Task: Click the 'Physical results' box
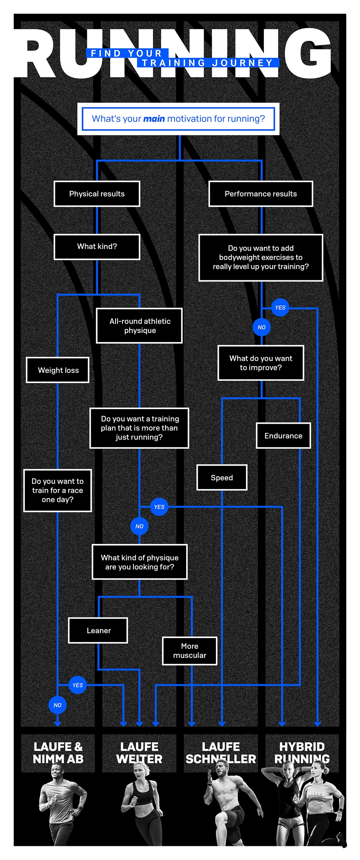click(97, 194)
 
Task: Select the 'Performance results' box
click(260, 194)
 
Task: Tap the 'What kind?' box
click(97, 247)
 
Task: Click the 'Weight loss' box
click(58, 370)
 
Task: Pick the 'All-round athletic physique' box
click(140, 326)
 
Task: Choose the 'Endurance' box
click(283, 436)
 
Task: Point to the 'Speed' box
click(222, 477)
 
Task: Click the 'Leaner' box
click(98, 630)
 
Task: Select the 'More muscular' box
click(190, 651)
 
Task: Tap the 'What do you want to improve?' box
click(261, 363)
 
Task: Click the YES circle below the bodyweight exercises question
click(280, 307)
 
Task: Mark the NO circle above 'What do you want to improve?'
click(262, 327)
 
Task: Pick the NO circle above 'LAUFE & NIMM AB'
click(58, 705)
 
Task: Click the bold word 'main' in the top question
click(154, 119)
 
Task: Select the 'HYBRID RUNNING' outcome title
click(302, 752)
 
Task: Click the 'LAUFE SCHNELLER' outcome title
click(221, 752)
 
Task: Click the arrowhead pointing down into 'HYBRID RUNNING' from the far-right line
click(317, 723)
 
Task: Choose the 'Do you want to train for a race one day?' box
click(58, 490)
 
